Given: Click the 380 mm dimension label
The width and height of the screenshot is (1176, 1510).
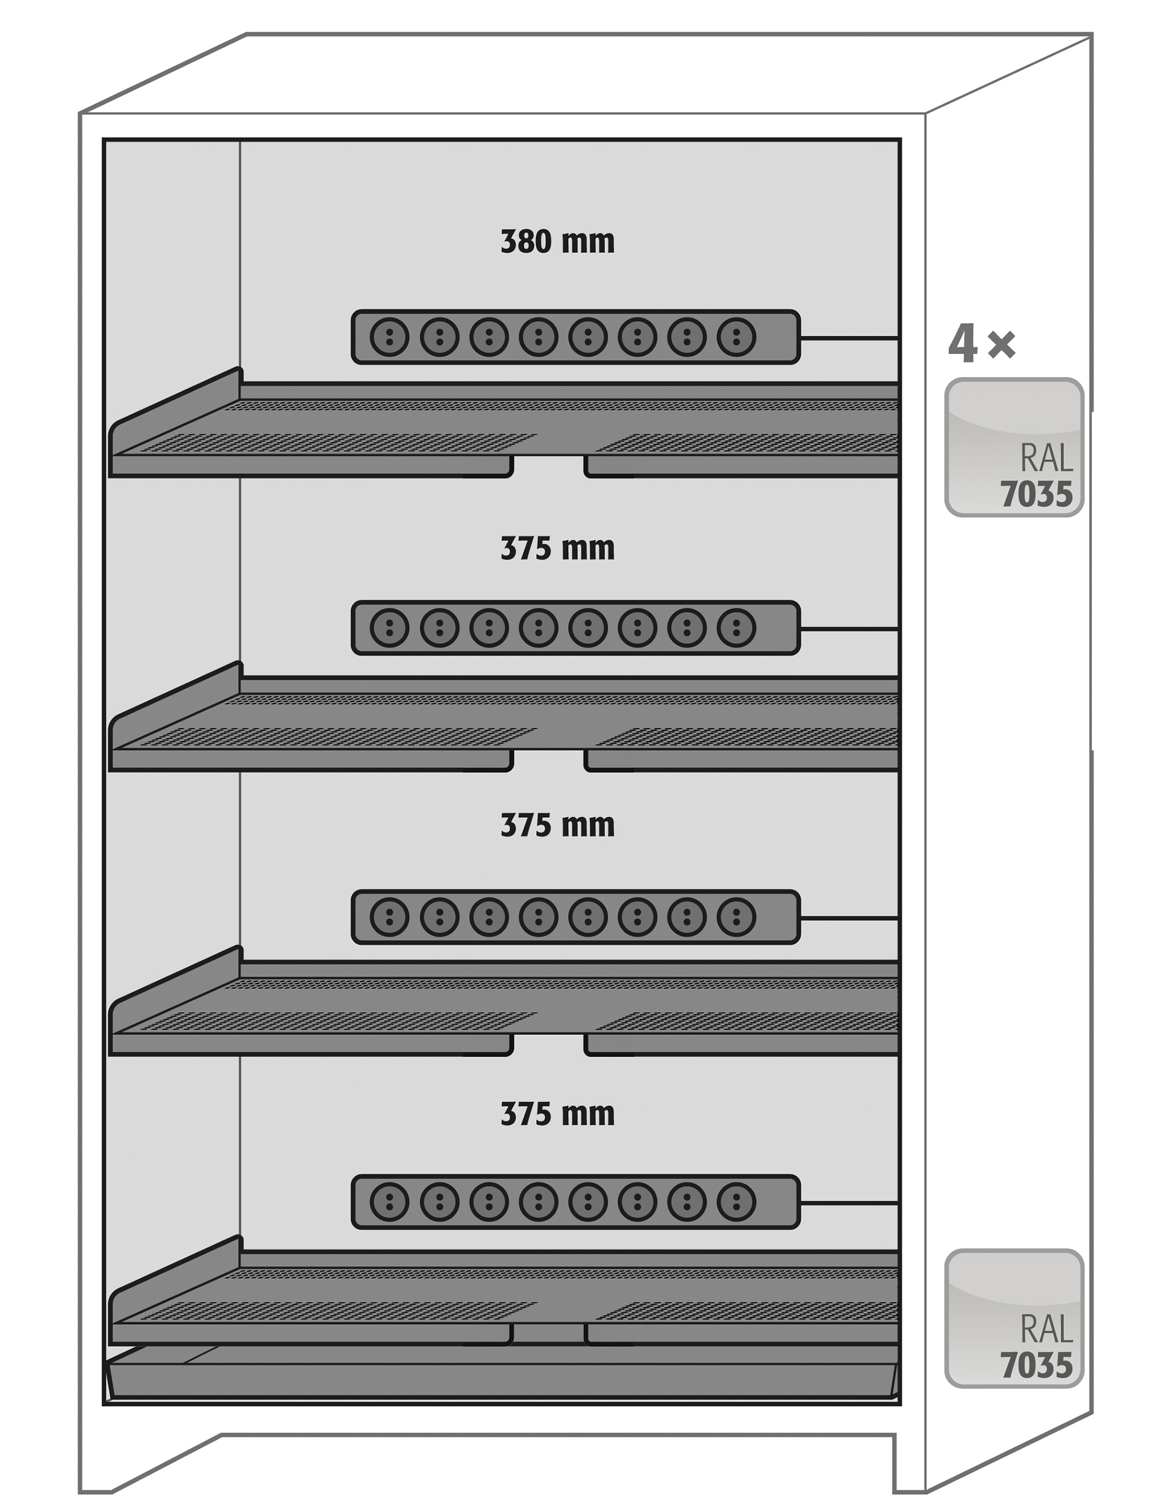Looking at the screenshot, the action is tap(557, 242).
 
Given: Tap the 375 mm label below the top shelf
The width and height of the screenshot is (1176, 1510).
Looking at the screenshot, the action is tap(557, 549).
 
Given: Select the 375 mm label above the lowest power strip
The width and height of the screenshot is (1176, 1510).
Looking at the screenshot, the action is tap(557, 1114).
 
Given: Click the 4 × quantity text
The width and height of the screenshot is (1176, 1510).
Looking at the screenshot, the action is tap(982, 344).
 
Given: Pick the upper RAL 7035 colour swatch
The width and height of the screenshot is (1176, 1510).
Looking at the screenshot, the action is tap(1014, 447).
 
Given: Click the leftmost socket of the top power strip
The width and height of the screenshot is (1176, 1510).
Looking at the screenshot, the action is tap(390, 336).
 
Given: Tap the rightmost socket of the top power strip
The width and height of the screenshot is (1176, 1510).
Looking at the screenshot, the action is tap(736, 336).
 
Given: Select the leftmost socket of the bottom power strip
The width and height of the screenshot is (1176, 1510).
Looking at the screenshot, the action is tap(390, 1201).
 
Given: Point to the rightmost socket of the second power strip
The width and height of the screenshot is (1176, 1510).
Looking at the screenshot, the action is tap(736, 628).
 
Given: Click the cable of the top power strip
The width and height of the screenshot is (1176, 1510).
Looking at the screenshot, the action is tap(850, 338).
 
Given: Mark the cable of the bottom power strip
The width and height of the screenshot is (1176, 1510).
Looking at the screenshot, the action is tap(850, 1203).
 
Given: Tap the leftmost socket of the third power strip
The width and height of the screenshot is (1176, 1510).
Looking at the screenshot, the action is tap(390, 917).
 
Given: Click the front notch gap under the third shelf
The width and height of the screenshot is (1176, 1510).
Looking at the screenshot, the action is tap(549, 1045).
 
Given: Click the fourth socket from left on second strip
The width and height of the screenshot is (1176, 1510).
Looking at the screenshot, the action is tap(538, 628).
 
